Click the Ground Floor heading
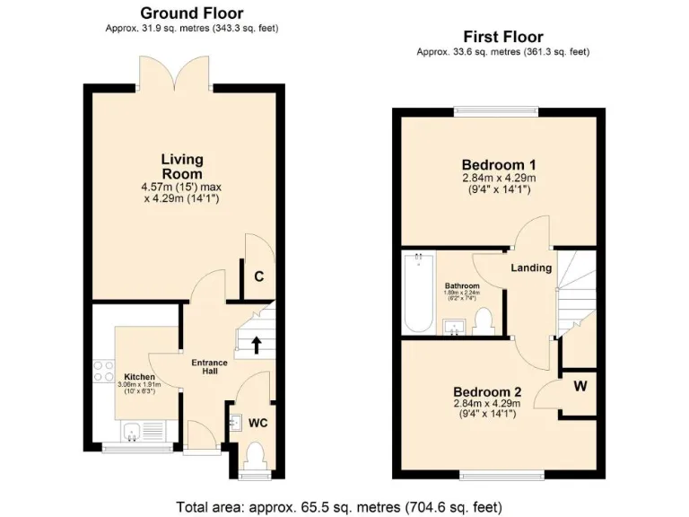(192, 13)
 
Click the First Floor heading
(502, 37)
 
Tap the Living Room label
(182, 166)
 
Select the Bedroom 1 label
(499, 165)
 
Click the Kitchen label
(140, 377)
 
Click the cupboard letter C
(258, 276)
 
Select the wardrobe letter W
(580, 388)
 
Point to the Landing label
(530, 268)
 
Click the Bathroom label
(462, 285)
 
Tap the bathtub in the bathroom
(418, 292)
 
